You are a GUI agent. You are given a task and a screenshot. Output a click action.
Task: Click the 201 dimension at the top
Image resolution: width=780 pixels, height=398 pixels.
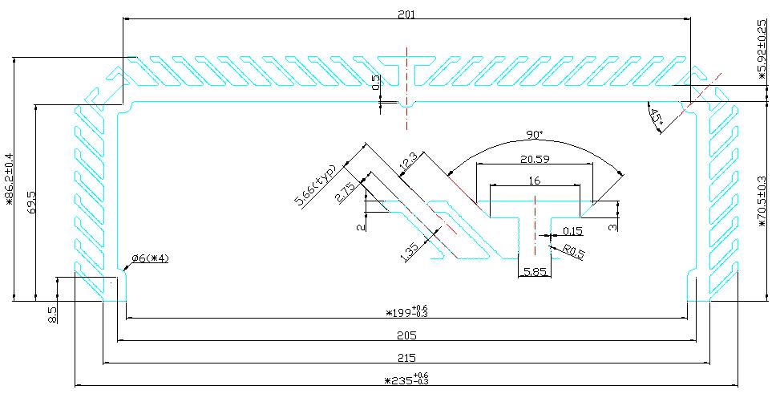click(x=406, y=12)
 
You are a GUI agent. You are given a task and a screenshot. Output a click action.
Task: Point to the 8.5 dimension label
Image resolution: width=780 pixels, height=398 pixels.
click(x=52, y=313)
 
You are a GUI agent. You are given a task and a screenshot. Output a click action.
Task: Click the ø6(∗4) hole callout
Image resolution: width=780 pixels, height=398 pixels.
click(x=150, y=258)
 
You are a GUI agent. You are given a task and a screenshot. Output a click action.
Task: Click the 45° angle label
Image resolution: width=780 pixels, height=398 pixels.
click(x=657, y=120)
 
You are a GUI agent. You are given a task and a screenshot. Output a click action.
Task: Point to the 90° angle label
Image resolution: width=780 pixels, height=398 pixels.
click(x=535, y=133)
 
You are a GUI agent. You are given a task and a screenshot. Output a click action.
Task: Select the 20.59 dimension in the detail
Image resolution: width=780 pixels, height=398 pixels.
click(x=534, y=158)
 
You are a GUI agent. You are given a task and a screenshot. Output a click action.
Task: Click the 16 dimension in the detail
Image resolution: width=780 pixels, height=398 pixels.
click(x=534, y=181)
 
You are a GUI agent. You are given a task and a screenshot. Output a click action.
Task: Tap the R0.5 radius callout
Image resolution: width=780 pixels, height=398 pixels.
click(x=574, y=252)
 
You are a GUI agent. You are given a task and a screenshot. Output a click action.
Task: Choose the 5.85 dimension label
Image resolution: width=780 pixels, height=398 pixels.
click(x=535, y=273)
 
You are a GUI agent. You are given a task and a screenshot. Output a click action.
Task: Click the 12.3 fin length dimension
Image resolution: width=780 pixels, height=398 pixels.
click(x=408, y=160)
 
